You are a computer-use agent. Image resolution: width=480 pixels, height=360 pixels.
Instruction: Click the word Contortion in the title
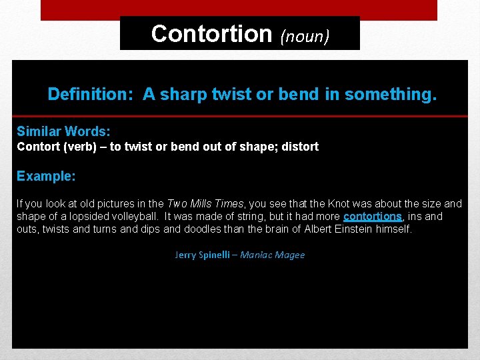pyautogui.click(x=211, y=33)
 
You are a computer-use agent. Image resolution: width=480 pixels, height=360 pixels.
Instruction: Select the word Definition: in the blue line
pyautogui.click(x=91, y=95)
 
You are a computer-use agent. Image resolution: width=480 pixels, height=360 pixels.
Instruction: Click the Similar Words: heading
pyautogui.click(x=63, y=131)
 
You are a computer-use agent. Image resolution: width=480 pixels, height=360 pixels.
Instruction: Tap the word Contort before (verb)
pyautogui.click(x=39, y=146)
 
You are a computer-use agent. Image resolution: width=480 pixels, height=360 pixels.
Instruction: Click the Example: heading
pyautogui.click(x=46, y=176)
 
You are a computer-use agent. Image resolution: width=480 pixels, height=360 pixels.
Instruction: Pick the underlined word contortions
pyautogui.click(x=373, y=217)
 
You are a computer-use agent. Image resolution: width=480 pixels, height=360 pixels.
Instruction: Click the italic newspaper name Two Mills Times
pyautogui.click(x=205, y=204)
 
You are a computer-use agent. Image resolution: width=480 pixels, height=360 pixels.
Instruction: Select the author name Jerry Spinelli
pyautogui.click(x=203, y=255)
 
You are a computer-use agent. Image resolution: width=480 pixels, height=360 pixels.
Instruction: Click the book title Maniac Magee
pyautogui.click(x=272, y=255)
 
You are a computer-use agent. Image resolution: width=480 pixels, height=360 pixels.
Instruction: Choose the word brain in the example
pyautogui.click(x=275, y=229)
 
